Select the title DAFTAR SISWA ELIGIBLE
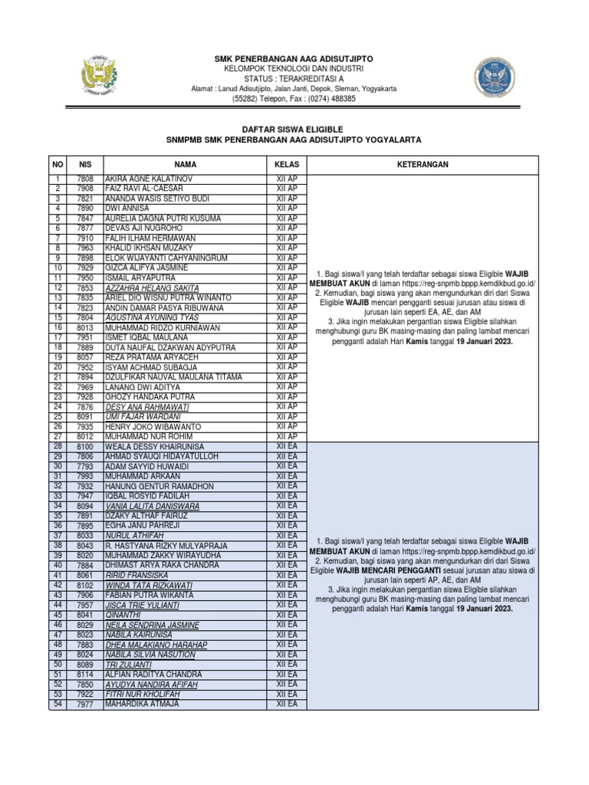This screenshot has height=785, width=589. [294, 130]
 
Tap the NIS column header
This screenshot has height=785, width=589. [84, 165]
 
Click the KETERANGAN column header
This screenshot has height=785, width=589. [423, 165]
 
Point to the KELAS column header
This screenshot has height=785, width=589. [287, 165]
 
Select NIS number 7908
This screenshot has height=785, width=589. [84, 189]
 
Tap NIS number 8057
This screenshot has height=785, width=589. [84, 357]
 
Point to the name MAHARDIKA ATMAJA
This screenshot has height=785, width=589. [143, 704]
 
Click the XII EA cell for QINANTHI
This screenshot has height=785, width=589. [287, 615]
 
